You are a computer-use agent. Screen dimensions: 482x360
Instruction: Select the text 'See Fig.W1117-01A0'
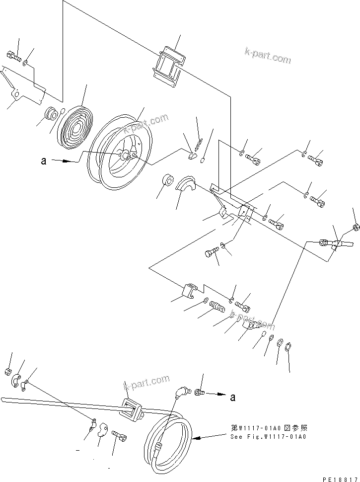(268, 437)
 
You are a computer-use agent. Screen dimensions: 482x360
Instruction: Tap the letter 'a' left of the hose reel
(44, 161)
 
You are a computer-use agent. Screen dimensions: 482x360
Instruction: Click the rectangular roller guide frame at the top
(169, 66)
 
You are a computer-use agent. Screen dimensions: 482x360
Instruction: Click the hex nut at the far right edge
(356, 228)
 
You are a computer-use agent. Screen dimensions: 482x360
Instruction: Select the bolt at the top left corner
(13, 57)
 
